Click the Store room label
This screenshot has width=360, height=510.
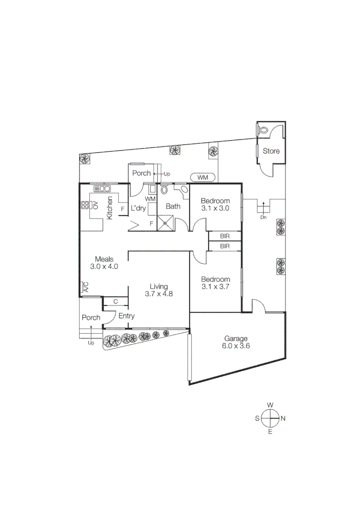pyautogui.click(x=271, y=151)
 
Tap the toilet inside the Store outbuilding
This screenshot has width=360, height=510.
pyautogui.click(x=263, y=129)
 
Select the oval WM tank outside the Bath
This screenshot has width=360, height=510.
pyautogui.click(x=202, y=178)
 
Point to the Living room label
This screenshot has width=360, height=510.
pyautogui.click(x=159, y=286)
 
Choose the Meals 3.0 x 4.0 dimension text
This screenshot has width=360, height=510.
pyautogui.click(x=103, y=266)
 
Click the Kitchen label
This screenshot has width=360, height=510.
pyautogui.click(x=109, y=208)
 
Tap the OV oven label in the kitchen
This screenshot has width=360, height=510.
pyautogui.click(x=95, y=205)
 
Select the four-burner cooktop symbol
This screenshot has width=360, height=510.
pyautogui.click(x=85, y=205)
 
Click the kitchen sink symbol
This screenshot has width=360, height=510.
pyautogui.click(x=102, y=189)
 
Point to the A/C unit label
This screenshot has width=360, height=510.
pyautogui.click(x=85, y=287)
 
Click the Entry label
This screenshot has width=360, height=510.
pyautogui.click(x=126, y=316)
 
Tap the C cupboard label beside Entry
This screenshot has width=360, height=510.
pyautogui.click(x=115, y=301)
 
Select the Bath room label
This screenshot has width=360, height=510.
pyautogui.click(x=173, y=206)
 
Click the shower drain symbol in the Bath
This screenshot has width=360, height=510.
pyautogui.click(x=166, y=224)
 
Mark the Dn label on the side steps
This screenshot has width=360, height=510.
pyautogui.click(x=263, y=218)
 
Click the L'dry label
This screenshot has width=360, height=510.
pyautogui.click(x=138, y=208)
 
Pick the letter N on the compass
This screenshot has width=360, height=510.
pyautogui.click(x=283, y=418)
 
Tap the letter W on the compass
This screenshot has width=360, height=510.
pyautogui.click(x=270, y=405)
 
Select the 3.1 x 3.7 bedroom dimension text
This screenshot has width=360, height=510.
pyautogui.click(x=215, y=286)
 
